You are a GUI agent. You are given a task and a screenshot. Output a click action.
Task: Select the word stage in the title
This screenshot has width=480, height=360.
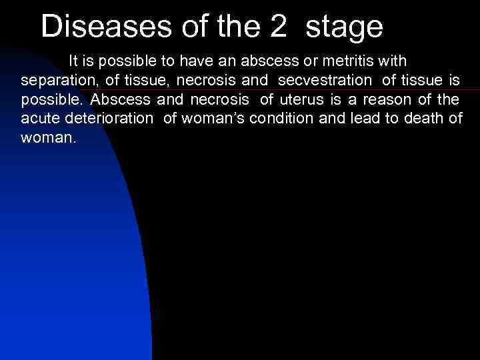pyautogui.click(x=345, y=27)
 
